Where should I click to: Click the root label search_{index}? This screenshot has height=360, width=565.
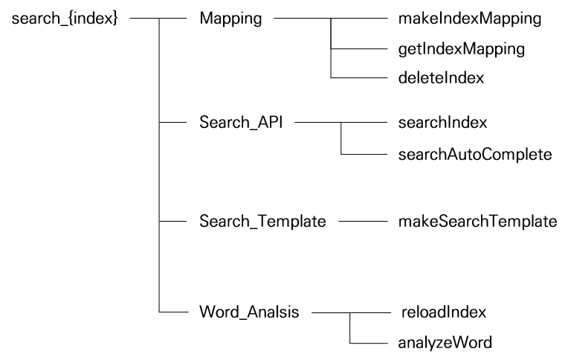coord(64,19)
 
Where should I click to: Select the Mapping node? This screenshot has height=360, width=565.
coord(230,19)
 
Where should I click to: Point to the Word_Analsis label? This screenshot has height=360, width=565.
coord(249,312)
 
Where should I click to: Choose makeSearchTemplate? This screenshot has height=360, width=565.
coord(468,221)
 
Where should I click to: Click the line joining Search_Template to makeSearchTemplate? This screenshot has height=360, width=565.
coord(359,221)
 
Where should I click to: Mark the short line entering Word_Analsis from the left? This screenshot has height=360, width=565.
coord(174,312)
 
